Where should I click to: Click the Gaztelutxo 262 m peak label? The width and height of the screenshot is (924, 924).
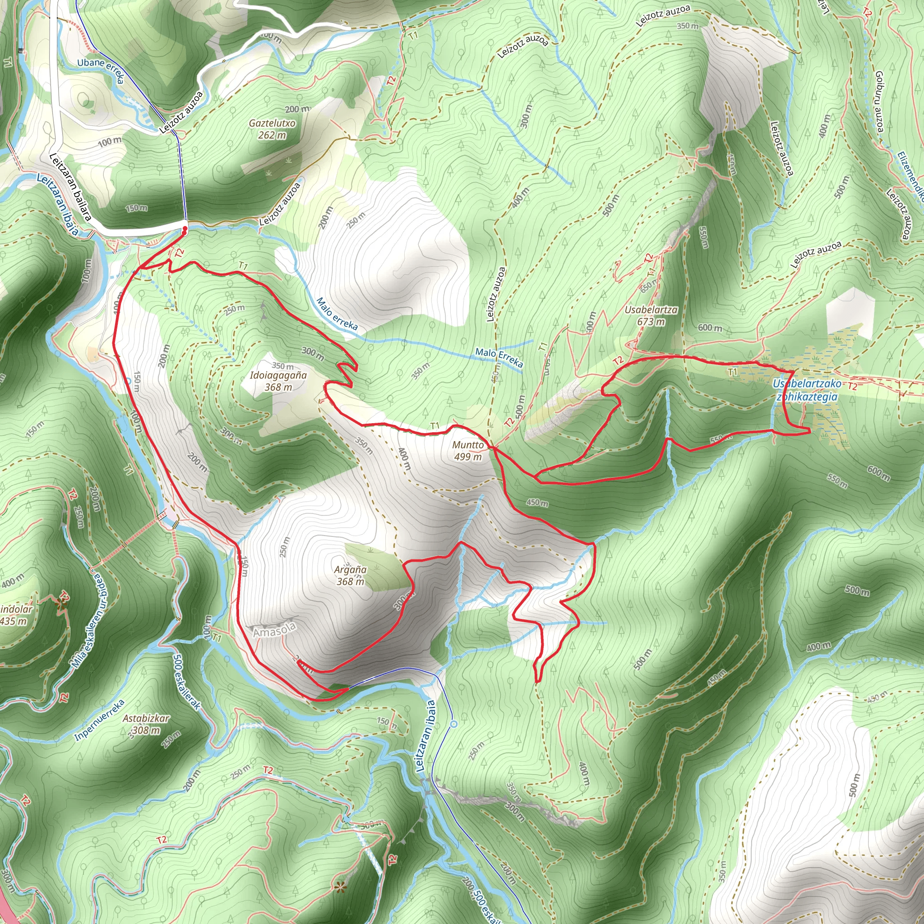pos(272,129)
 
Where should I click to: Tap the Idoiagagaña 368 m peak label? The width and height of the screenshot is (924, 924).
pos(278,381)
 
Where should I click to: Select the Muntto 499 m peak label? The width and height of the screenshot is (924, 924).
pos(468,451)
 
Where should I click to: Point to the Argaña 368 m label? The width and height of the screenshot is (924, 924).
pos(351,575)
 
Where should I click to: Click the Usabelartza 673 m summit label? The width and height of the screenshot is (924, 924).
pos(651,316)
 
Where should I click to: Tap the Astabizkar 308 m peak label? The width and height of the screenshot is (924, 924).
pos(146,724)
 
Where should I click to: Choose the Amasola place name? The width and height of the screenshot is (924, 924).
pos(274,631)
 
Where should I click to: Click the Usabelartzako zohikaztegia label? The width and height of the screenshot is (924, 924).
pos(807,390)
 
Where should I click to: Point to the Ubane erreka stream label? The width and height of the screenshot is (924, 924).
pos(101,70)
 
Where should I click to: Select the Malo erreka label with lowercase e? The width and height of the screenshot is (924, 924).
pos(337,314)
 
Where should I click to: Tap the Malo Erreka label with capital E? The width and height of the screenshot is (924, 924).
pos(499,357)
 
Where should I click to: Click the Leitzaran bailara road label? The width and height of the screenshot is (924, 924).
pos(70,186)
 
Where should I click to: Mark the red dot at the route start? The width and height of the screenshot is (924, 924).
pos(185,230)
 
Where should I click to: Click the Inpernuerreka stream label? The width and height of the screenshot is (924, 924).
pos(99,720)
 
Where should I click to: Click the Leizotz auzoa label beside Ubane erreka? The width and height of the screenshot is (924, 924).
pos(181,112)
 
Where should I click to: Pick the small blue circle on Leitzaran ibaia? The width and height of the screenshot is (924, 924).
pos(454,724)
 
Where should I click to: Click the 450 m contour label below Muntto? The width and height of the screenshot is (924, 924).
pos(537,503)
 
